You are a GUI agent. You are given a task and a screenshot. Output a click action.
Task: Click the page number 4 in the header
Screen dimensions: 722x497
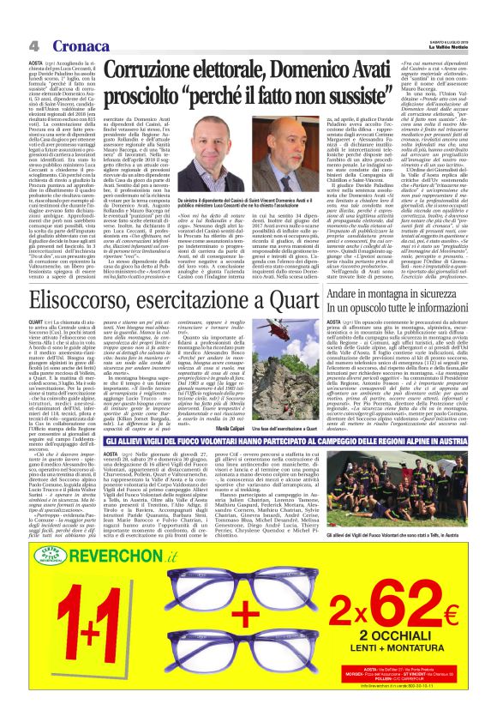point(29,45)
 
